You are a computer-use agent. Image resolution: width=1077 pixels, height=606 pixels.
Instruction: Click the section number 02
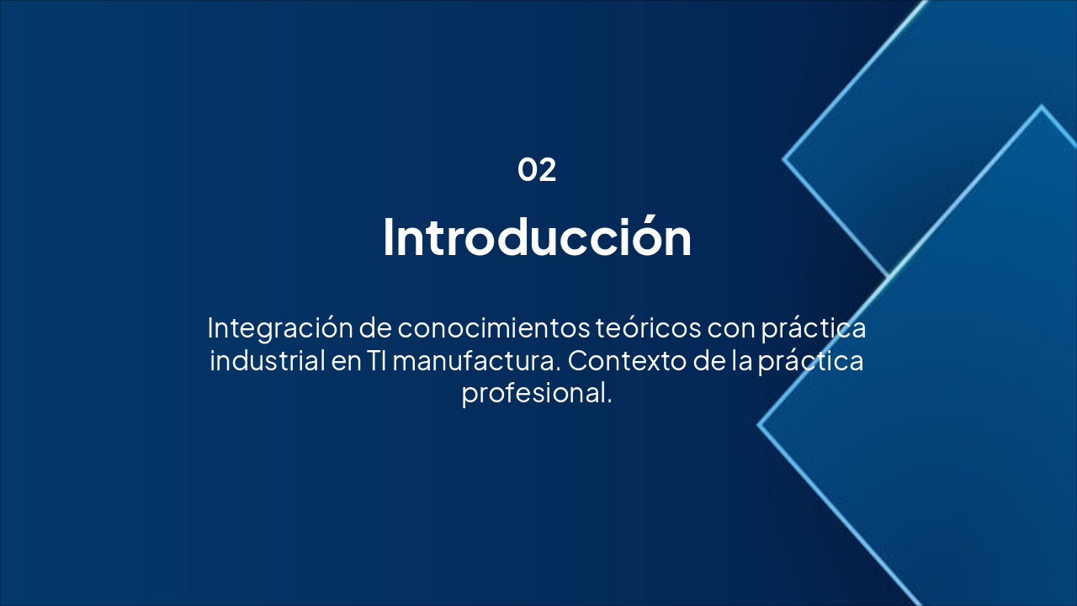pyautogui.click(x=537, y=170)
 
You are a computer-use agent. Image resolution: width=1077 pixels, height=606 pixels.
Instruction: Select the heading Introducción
pyautogui.click(x=537, y=237)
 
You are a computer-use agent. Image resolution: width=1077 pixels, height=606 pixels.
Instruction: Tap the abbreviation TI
pyautogui.click(x=376, y=361)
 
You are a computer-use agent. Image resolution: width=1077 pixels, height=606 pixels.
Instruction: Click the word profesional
pyautogui.click(x=536, y=393)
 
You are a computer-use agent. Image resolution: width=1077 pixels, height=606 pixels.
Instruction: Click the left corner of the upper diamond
pyautogui.click(x=784, y=158)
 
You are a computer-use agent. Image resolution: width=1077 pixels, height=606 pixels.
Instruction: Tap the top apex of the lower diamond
pyautogui.click(x=1042, y=107)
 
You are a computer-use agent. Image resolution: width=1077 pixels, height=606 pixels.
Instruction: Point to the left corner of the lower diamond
pyautogui.click(x=759, y=425)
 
